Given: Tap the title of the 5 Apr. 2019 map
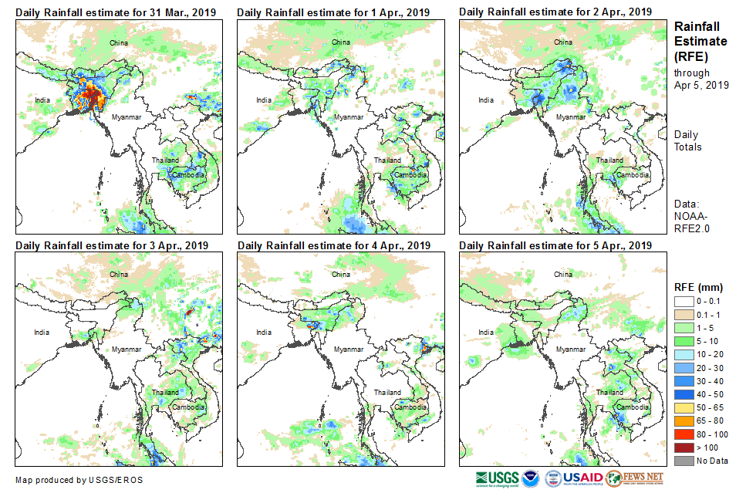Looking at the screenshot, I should point(555,245).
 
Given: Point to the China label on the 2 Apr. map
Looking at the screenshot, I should point(563,42).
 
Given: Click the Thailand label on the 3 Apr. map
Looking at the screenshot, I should point(165,392).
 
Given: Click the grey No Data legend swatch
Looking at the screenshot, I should point(684,461).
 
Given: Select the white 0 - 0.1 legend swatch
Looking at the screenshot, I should point(684,302).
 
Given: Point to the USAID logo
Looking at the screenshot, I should point(573,478).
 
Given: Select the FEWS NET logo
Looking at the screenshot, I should point(635,478).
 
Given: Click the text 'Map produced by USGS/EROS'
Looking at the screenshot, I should point(79,479).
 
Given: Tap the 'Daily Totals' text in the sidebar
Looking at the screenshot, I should point(687,140).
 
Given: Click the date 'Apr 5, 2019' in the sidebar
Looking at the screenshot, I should point(700,85).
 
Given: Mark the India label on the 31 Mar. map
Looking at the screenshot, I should point(42,100).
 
